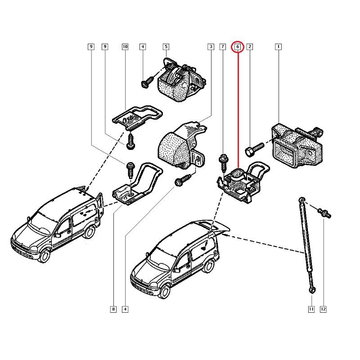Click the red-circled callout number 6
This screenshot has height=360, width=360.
(238, 47)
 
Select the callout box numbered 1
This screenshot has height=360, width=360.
(279, 47)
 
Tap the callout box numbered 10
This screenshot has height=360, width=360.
(125, 47)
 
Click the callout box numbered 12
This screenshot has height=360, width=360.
(323, 309)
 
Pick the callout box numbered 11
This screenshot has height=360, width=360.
(311, 309)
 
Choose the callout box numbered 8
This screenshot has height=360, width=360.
(113, 309)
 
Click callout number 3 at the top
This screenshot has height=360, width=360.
(210, 47)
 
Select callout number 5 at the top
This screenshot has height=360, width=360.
(166, 47)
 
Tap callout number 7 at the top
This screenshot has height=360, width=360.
(222, 47)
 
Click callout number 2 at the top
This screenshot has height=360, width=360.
(250, 47)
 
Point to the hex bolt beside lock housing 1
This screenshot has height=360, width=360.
(255, 148)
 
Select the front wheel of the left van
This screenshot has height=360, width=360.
(45, 256)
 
